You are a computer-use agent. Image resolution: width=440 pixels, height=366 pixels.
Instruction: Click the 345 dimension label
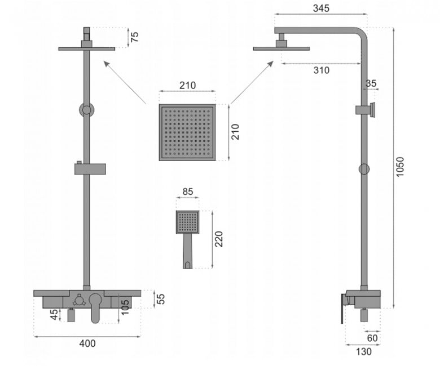321,8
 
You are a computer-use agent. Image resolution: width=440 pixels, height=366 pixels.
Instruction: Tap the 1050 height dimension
400,167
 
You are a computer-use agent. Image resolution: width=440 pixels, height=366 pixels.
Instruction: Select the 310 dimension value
322,70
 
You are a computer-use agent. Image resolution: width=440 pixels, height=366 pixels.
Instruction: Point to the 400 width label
87,343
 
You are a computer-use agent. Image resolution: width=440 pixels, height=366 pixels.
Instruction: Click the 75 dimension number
135,37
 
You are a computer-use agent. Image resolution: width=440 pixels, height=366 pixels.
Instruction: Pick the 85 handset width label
188,191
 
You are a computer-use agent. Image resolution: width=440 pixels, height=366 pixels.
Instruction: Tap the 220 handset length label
219,239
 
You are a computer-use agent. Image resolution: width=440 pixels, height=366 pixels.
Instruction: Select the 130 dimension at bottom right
364,351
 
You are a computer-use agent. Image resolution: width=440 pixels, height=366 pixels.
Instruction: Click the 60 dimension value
372,338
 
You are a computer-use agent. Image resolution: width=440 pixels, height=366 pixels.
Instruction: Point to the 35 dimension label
371,83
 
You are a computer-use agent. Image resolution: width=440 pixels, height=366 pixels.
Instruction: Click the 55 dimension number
161,299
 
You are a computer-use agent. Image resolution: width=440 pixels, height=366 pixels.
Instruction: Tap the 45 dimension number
55,314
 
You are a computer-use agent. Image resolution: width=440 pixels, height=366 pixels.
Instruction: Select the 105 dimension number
125,307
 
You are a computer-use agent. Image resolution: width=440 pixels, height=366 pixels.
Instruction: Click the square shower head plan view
187,132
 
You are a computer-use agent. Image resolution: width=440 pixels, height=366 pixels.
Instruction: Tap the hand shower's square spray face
188,222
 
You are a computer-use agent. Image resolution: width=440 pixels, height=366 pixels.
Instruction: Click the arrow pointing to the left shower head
125,82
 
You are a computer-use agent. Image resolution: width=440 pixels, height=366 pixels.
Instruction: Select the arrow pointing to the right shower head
252,82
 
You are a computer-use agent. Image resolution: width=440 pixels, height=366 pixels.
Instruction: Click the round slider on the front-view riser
87,110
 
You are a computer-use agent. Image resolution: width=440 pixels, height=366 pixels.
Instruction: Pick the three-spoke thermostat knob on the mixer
78,301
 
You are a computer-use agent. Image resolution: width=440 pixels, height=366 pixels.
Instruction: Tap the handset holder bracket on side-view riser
365,109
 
